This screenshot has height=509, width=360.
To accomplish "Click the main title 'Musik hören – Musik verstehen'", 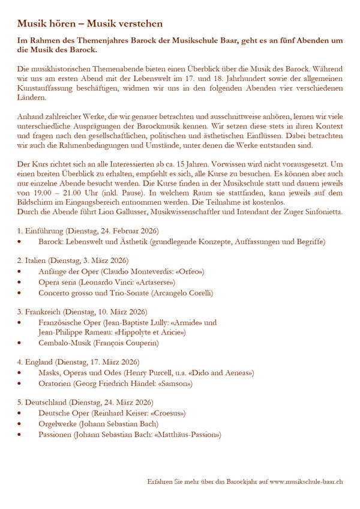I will tap(89, 24).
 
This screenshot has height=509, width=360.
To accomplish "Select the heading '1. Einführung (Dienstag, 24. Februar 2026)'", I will tap(88, 231).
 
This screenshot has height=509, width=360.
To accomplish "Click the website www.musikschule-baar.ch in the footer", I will tap(306, 481).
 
